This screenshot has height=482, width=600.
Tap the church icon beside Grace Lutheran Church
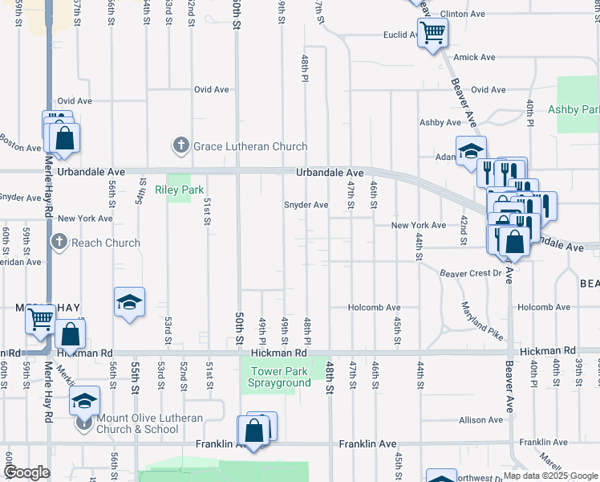[x=180, y=146]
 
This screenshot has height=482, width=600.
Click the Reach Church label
[x=105, y=243]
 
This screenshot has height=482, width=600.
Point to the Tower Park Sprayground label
[x=281, y=377]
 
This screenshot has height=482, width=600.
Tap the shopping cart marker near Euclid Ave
[x=432, y=34]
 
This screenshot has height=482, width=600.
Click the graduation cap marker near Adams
[x=471, y=151]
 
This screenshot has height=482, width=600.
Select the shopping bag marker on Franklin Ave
[x=254, y=431]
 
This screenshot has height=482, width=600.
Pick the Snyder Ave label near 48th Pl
[x=306, y=205]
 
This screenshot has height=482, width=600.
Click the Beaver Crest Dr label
[x=470, y=273]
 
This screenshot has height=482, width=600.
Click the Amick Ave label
[x=474, y=57]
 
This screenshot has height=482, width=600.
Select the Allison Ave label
[x=481, y=420]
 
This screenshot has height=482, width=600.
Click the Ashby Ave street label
[x=440, y=122]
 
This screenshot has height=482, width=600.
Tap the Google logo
[x=26, y=472]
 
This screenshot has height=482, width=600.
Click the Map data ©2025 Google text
[x=549, y=476]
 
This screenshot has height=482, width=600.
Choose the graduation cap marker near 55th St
[x=129, y=303]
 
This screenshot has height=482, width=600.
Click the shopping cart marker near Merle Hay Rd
[x=39, y=320]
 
